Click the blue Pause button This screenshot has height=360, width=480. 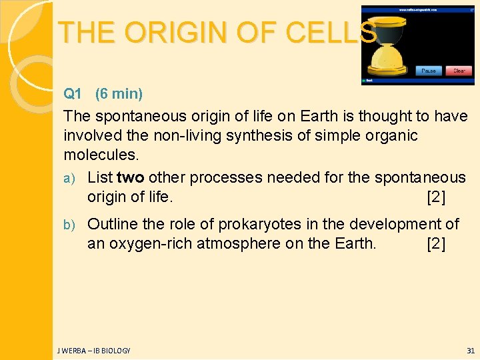click(428, 71)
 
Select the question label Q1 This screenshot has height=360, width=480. click(72, 93)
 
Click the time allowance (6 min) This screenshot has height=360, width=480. click(119, 93)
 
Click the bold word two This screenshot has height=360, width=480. click(130, 177)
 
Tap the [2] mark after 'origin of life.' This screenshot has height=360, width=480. click(436, 197)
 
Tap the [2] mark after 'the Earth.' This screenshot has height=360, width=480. click(436, 244)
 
